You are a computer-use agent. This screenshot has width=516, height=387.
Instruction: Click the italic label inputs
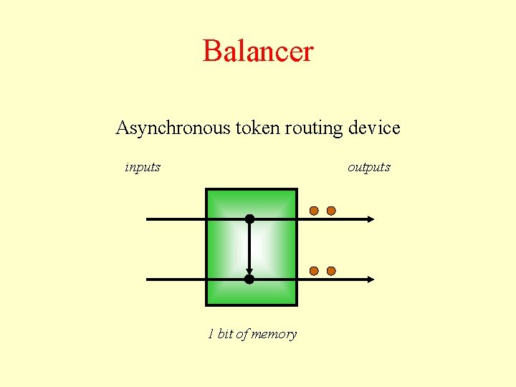pyautogui.click(x=143, y=168)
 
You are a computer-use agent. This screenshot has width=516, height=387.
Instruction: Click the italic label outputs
pyautogui.click(x=369, y=168)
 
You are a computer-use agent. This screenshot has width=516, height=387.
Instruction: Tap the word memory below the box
pyautogui.click(x=274, y=335)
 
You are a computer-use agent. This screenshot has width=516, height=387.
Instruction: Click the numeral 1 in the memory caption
pyautogui.click(x=211, y=334)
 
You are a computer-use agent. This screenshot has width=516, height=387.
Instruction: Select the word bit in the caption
pyautogui.click(x=225, y=334)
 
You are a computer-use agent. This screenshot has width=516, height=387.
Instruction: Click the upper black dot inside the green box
pyautogui.click(x=249, y=219)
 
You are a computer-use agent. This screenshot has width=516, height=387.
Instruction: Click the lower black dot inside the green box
pyautogui.click(x=249, y=279)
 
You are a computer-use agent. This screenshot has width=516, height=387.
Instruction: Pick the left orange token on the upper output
pyautogui.click(x=314, y=211)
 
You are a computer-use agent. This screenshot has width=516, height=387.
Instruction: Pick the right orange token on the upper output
pyautogui.click(x=331, y=211)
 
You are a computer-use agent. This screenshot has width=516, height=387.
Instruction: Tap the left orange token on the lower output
pyautogui.click(x=314, y=271)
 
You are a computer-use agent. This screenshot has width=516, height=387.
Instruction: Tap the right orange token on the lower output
pyautogui.click(x=331, y=271)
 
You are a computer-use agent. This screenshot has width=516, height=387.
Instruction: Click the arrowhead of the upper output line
pyautogui.click(x=370, y=219)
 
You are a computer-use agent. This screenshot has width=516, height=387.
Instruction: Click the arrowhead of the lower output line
pyautogui.click(x=370, y=279)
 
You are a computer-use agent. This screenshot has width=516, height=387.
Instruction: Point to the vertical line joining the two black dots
pyautogui.click(x=249, y=247)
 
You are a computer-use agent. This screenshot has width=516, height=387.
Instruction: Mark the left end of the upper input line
pyautogui.click(x=148, y=219)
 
